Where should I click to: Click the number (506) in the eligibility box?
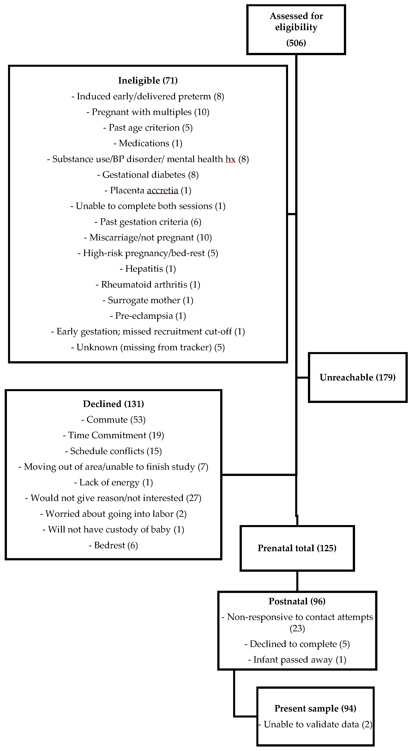pos(296,43)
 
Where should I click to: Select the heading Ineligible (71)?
pos(148,80)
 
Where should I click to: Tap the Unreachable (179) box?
pos(357,378)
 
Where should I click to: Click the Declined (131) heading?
pos(113,404)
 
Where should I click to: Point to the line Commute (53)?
pos(113,419)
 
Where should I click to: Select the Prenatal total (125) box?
pos(297,548)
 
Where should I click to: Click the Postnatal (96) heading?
pos(297,601)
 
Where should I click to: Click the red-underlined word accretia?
pos(162,190)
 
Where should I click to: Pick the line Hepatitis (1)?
pos(148,269)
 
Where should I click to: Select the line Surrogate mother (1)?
pos(148,300)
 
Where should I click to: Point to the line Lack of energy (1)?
pos(113,482)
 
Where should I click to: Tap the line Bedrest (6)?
pos(113,545)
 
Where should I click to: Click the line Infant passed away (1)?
pos(297,660)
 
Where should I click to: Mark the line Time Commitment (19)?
pos(113,435)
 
